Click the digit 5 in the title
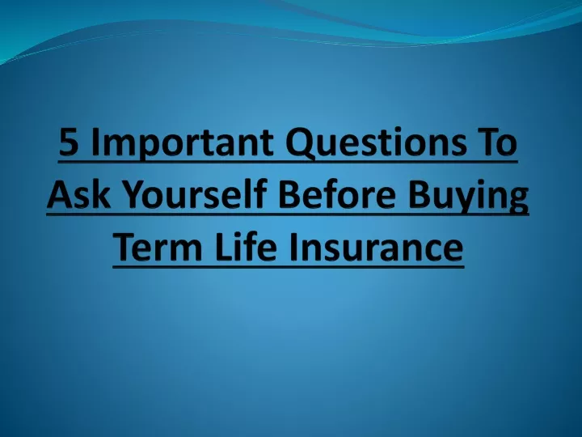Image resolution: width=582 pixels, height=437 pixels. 69,142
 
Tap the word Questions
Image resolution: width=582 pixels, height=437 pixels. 376,142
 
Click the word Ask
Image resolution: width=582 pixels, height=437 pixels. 78,194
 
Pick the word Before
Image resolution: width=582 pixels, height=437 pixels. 337,195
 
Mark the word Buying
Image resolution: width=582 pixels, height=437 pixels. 468,197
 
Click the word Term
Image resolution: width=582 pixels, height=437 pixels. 158,247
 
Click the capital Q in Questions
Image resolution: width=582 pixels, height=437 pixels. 300,144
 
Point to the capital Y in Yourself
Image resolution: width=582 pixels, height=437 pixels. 134,194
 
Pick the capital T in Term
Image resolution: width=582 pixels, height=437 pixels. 125,247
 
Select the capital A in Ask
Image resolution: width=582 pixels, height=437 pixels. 60,194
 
